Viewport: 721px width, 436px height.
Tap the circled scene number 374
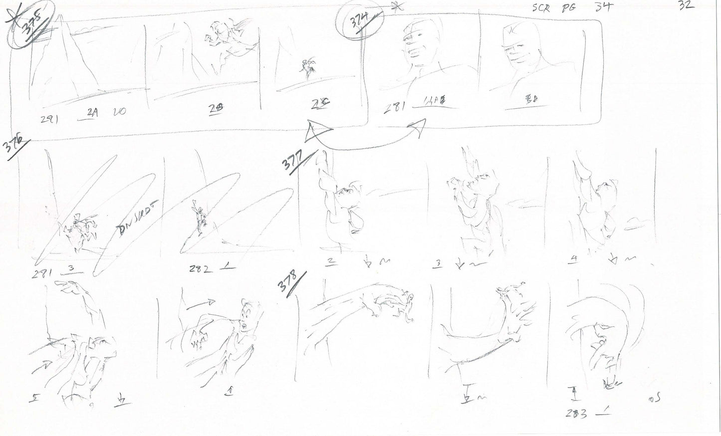(360, 22)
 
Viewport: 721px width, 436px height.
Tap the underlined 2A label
(92, 113)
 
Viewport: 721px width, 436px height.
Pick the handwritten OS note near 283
(657, 400)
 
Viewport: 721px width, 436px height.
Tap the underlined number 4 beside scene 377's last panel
(574, 259)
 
